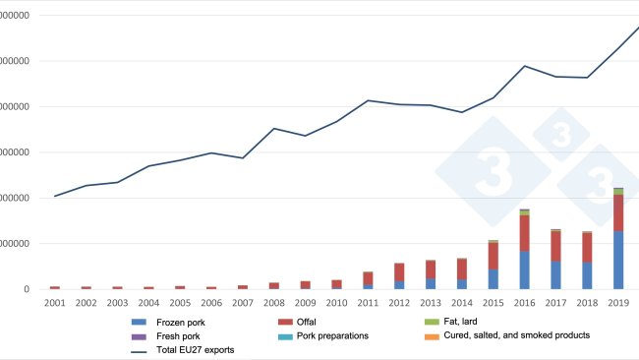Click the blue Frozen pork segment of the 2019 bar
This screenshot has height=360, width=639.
[619, 260]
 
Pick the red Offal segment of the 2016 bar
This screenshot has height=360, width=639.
[525, 233]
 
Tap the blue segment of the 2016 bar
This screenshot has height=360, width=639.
[525, 270]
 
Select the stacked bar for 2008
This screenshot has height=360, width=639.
[274, 285]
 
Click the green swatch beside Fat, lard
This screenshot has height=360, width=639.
[431, 322]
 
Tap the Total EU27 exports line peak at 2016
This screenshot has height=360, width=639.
[525, 66]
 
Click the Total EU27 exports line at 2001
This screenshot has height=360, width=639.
[55, 196]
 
